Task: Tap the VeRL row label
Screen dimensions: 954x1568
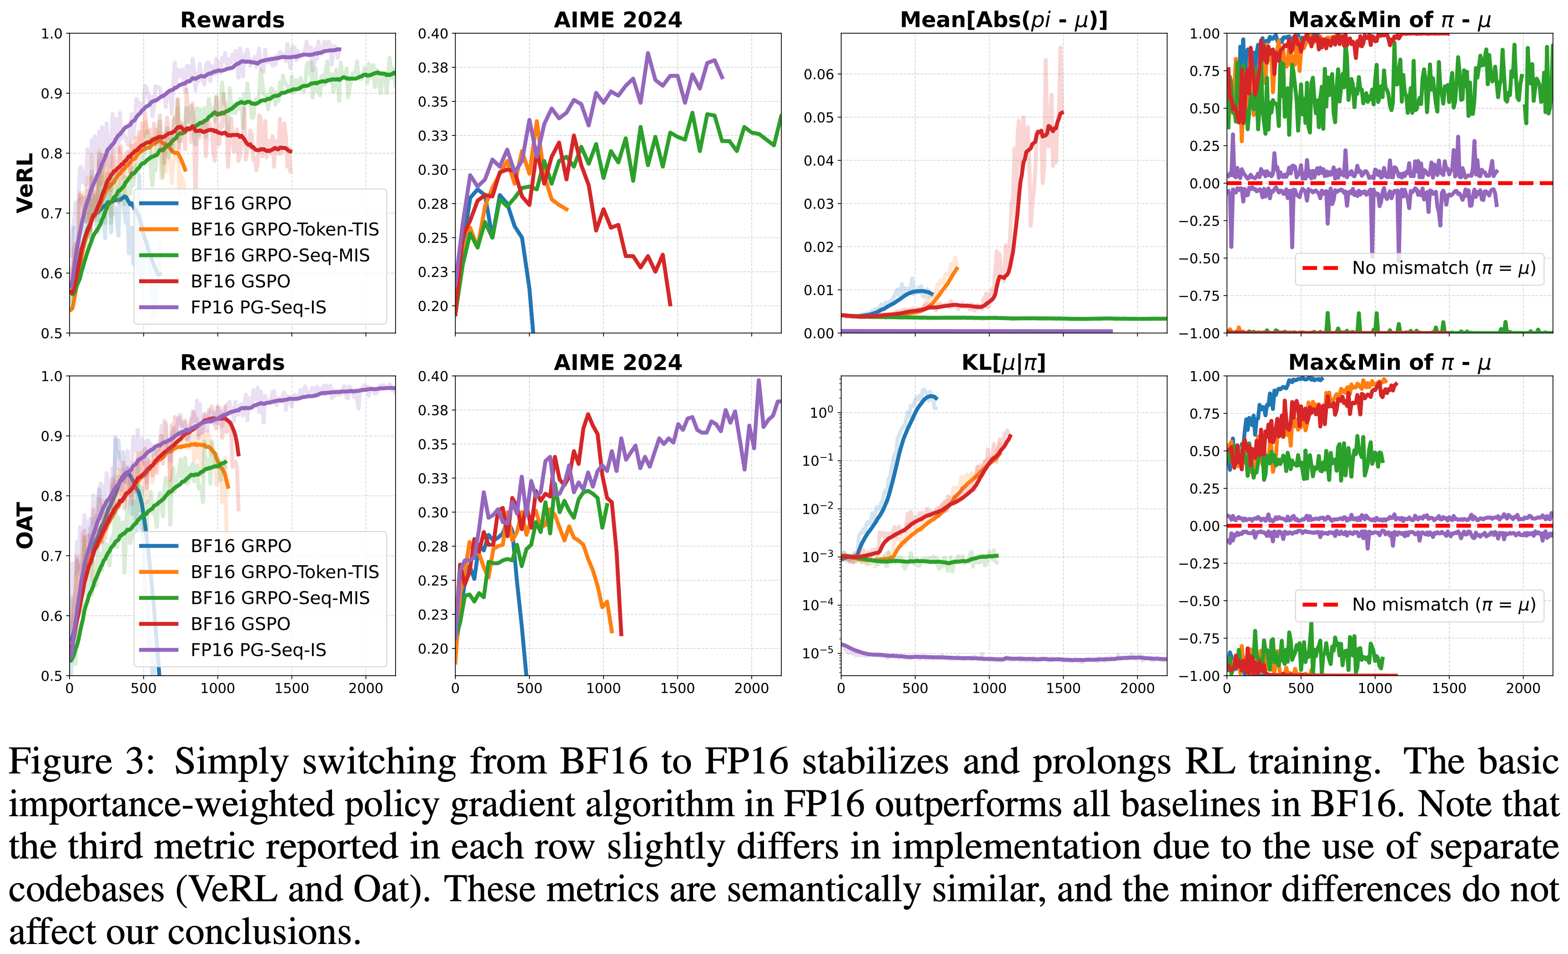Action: point(25,183)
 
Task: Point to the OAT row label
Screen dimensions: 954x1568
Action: point(25,526)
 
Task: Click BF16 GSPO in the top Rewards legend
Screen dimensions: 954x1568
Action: point(240,281)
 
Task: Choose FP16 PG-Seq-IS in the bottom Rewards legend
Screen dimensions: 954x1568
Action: point(258,650)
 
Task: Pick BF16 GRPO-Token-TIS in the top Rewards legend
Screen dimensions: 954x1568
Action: point(285,229)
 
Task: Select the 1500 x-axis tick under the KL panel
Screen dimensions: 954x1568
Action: point(1063,688)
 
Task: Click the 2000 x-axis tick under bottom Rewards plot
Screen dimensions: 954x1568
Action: point(366,688)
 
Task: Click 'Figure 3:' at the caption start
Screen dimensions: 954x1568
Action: point(81,761)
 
